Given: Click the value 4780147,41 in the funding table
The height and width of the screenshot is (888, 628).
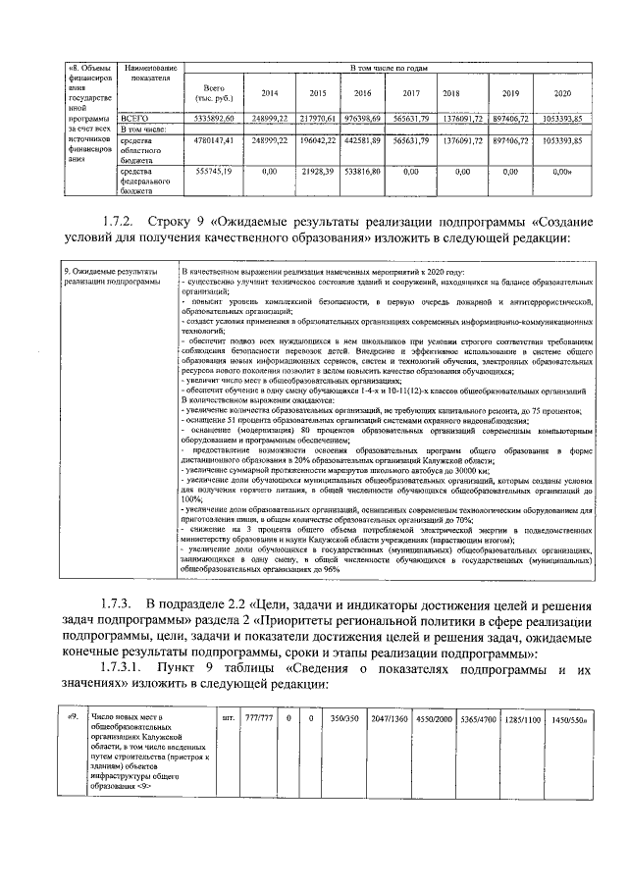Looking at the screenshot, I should pos(214,141).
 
